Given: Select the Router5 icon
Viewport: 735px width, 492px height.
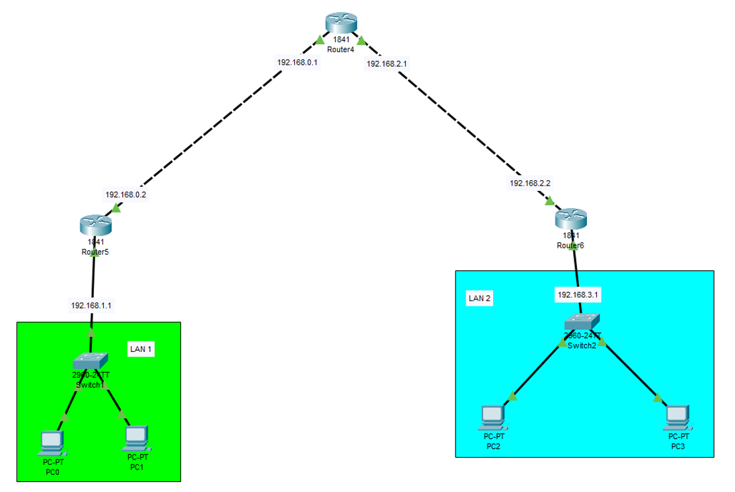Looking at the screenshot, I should [x=96, y=225].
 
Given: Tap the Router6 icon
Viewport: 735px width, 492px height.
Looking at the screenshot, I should [x=570, y=218].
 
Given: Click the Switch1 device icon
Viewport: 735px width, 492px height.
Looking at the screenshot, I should [x=90, y=361].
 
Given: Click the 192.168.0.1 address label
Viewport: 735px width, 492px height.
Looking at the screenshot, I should [x=297, y=62].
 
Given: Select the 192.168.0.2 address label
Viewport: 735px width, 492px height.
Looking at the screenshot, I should [x=126, y=195].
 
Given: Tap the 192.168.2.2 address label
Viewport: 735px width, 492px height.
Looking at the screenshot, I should [x=530, y=183].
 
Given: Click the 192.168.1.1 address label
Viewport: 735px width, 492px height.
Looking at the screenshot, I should [x=91, y=305].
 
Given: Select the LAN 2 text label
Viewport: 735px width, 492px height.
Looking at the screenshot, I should [x=480, y=298].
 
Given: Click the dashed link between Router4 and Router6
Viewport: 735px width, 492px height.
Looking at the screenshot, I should [x=456, y=125].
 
